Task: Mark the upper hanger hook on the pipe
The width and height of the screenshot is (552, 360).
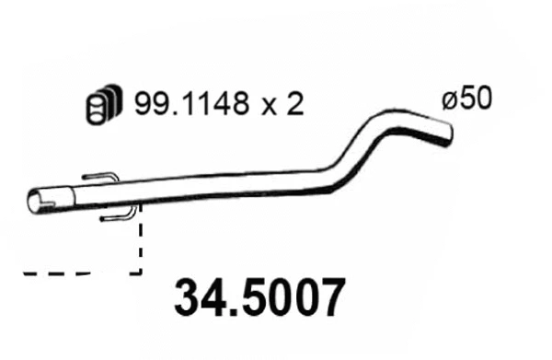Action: [x=99, y=177]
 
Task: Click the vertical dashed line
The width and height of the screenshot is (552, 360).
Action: [x=140, y=244]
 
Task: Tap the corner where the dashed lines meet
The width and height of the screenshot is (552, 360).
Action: [x=140, y=272]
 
